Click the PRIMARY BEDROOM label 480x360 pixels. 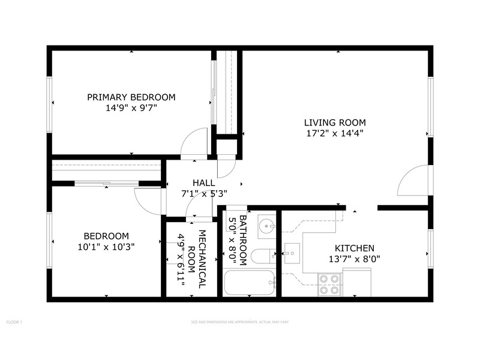coord(131,97)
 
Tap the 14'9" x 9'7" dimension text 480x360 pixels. coord(131,109)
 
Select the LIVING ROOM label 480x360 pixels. coord(334,122)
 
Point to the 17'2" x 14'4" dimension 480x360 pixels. coord(334,133)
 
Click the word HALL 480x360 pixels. coord(203,182)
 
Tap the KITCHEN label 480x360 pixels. coord(354,248)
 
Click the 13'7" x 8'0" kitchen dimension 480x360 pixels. coord(354,259)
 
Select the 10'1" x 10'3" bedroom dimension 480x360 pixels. coord(106,247)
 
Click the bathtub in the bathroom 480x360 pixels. coord(249,283)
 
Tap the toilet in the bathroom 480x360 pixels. coord(262,257)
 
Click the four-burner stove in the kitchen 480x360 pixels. coord(329,284)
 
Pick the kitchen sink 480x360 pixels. coord(292,253)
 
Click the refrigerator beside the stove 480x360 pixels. coord(356,282)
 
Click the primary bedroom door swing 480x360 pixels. coord(196,144)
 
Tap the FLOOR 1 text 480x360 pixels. coord(14,323)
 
